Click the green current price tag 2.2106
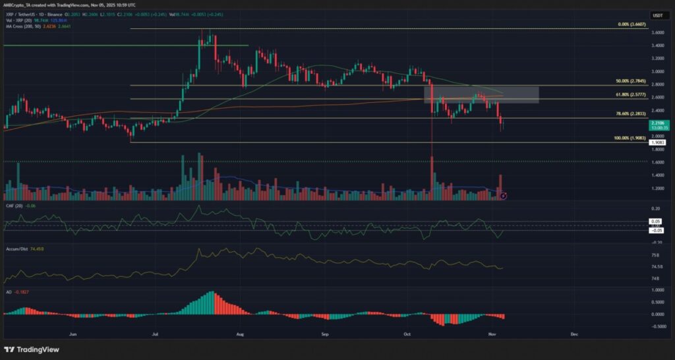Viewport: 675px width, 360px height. click(x=657, y=124)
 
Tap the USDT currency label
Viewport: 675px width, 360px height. click(x=657, y=15)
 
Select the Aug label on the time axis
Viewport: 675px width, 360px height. click(x=241, y=335)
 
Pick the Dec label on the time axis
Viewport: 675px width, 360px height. click(x=574, y=335)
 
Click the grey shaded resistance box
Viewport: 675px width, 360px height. click(x=481, y=94)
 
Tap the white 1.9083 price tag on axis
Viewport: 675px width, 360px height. click(x=657, y=142)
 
